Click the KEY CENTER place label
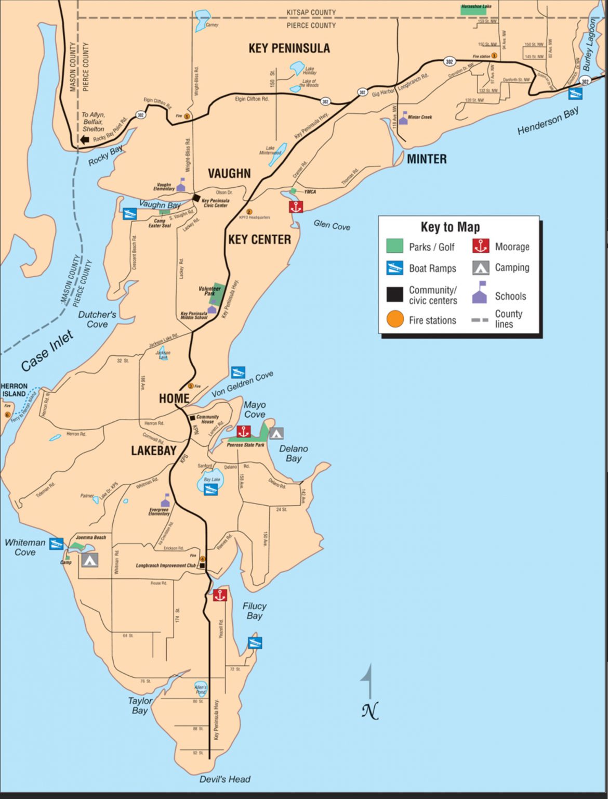[x=259, y=239]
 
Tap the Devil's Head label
[x=225, y=779]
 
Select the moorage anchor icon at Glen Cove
[x=296, y=207]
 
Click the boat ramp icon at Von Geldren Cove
[x=238, y=372]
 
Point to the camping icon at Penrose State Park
[x=276, y=432]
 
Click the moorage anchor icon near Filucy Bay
[x=220, y=595]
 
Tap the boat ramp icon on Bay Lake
[x=210, y=489]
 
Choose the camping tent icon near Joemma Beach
[x=89, y=560]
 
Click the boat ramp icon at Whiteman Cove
[x=57, y=544]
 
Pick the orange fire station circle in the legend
[x=395, y=319]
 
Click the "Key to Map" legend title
[x=450, y=227]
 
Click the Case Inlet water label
[x=47, y=352]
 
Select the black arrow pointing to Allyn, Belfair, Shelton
[x=84, y=139]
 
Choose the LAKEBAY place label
[x=153, y=450]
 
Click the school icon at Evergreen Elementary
[x=166, y=501]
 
